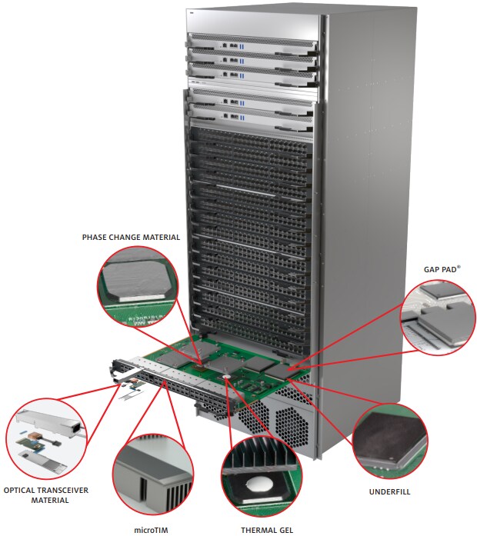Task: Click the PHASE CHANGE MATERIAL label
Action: coord(131,238)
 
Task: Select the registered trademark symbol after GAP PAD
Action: coord(460,268)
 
